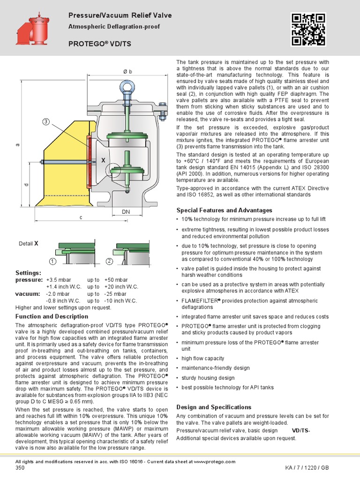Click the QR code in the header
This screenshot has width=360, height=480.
tap(308, 29)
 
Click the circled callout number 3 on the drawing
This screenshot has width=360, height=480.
tap(46, 122)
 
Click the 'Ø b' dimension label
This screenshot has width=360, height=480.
tap(127, 71)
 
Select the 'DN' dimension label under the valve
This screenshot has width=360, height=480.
tap(126, 212)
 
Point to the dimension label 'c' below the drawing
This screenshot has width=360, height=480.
tap(81, 217)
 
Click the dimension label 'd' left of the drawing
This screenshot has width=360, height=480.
tap(27, 185)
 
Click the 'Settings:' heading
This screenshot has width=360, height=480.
tap(29, 272)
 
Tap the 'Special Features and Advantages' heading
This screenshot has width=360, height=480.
tap(224, 210)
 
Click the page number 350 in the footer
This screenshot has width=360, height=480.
tap(20, 468)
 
